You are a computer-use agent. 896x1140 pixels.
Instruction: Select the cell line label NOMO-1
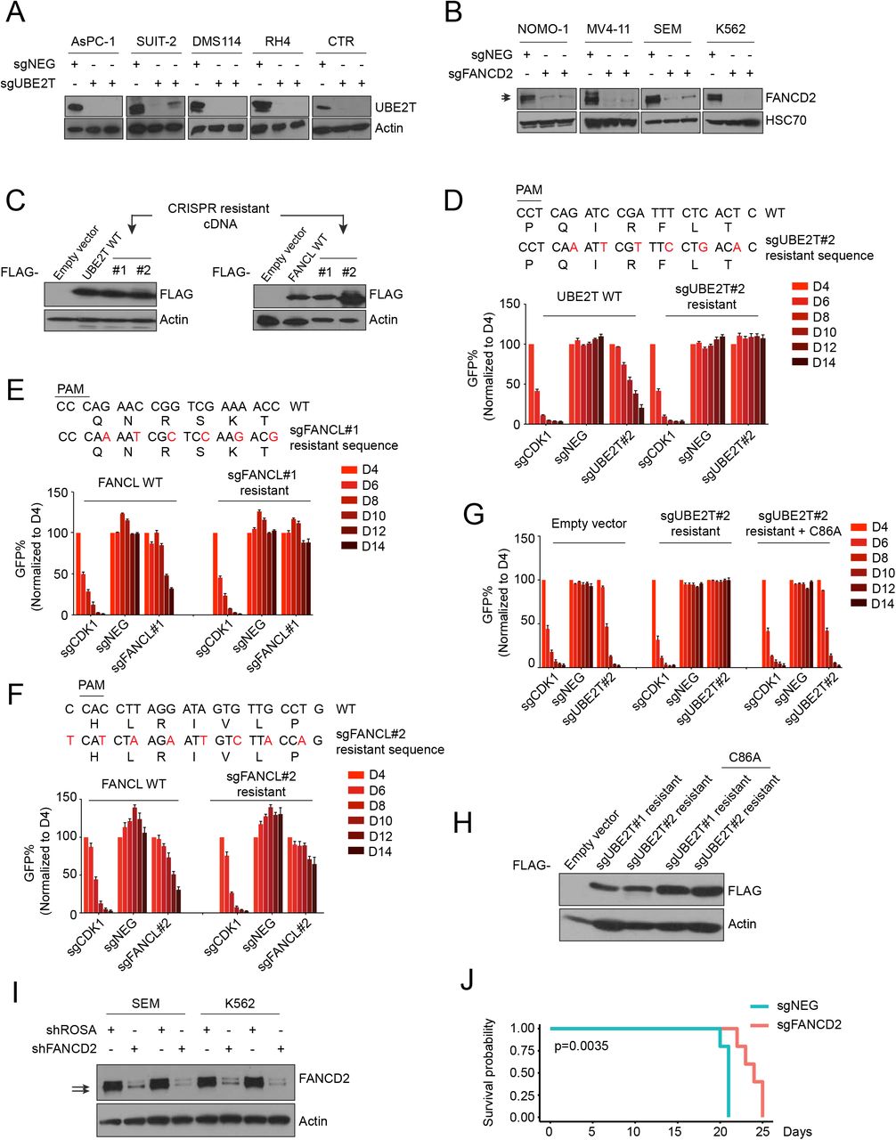pos(546,29)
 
